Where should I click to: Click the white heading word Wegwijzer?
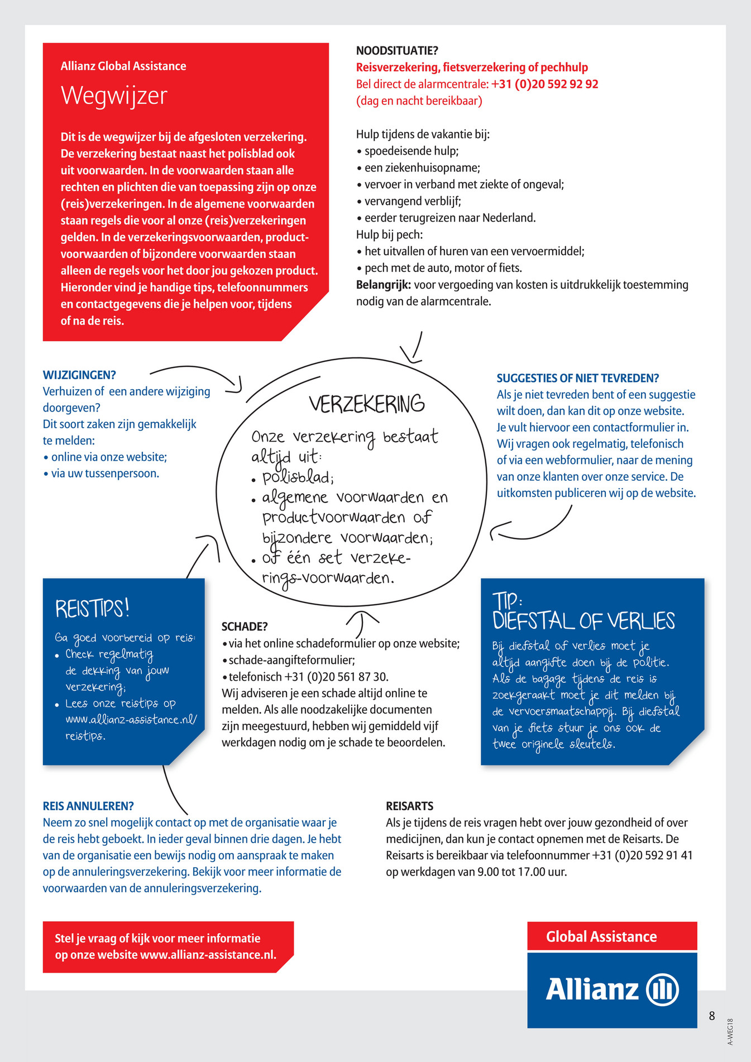(114, 95)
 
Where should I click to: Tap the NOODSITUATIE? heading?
(397, 51)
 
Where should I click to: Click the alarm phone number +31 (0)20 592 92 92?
(544, 84)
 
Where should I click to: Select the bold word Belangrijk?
(384, 285)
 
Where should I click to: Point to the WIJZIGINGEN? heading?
(79, 375)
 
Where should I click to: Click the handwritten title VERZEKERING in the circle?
(367, 404)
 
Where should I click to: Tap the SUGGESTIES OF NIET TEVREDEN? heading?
(578, 378)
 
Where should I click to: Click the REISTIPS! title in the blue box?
(92, 608)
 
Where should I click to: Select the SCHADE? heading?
(245, 626)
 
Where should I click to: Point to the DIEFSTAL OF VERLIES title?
(583, 621)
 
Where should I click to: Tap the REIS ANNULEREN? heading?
(88, 806)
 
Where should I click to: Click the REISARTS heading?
(409, 806)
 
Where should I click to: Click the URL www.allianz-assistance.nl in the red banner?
(208, 955)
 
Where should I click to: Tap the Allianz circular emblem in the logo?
(662, 989)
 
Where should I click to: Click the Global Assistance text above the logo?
(601, 936)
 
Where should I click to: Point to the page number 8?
(712, 1016)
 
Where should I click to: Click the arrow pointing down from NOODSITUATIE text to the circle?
(413, 349)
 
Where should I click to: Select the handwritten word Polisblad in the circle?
(298, 478)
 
